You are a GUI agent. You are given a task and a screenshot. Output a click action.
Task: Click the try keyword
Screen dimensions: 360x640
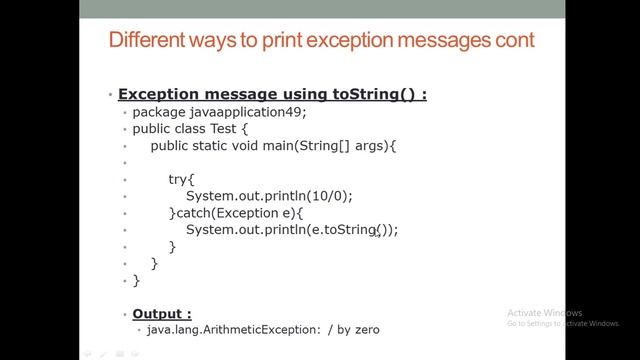click(179, 179)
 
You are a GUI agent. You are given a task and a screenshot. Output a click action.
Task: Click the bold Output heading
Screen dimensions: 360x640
click(162, 312)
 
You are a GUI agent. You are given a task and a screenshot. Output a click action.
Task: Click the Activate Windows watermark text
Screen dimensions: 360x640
click(544, 312)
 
